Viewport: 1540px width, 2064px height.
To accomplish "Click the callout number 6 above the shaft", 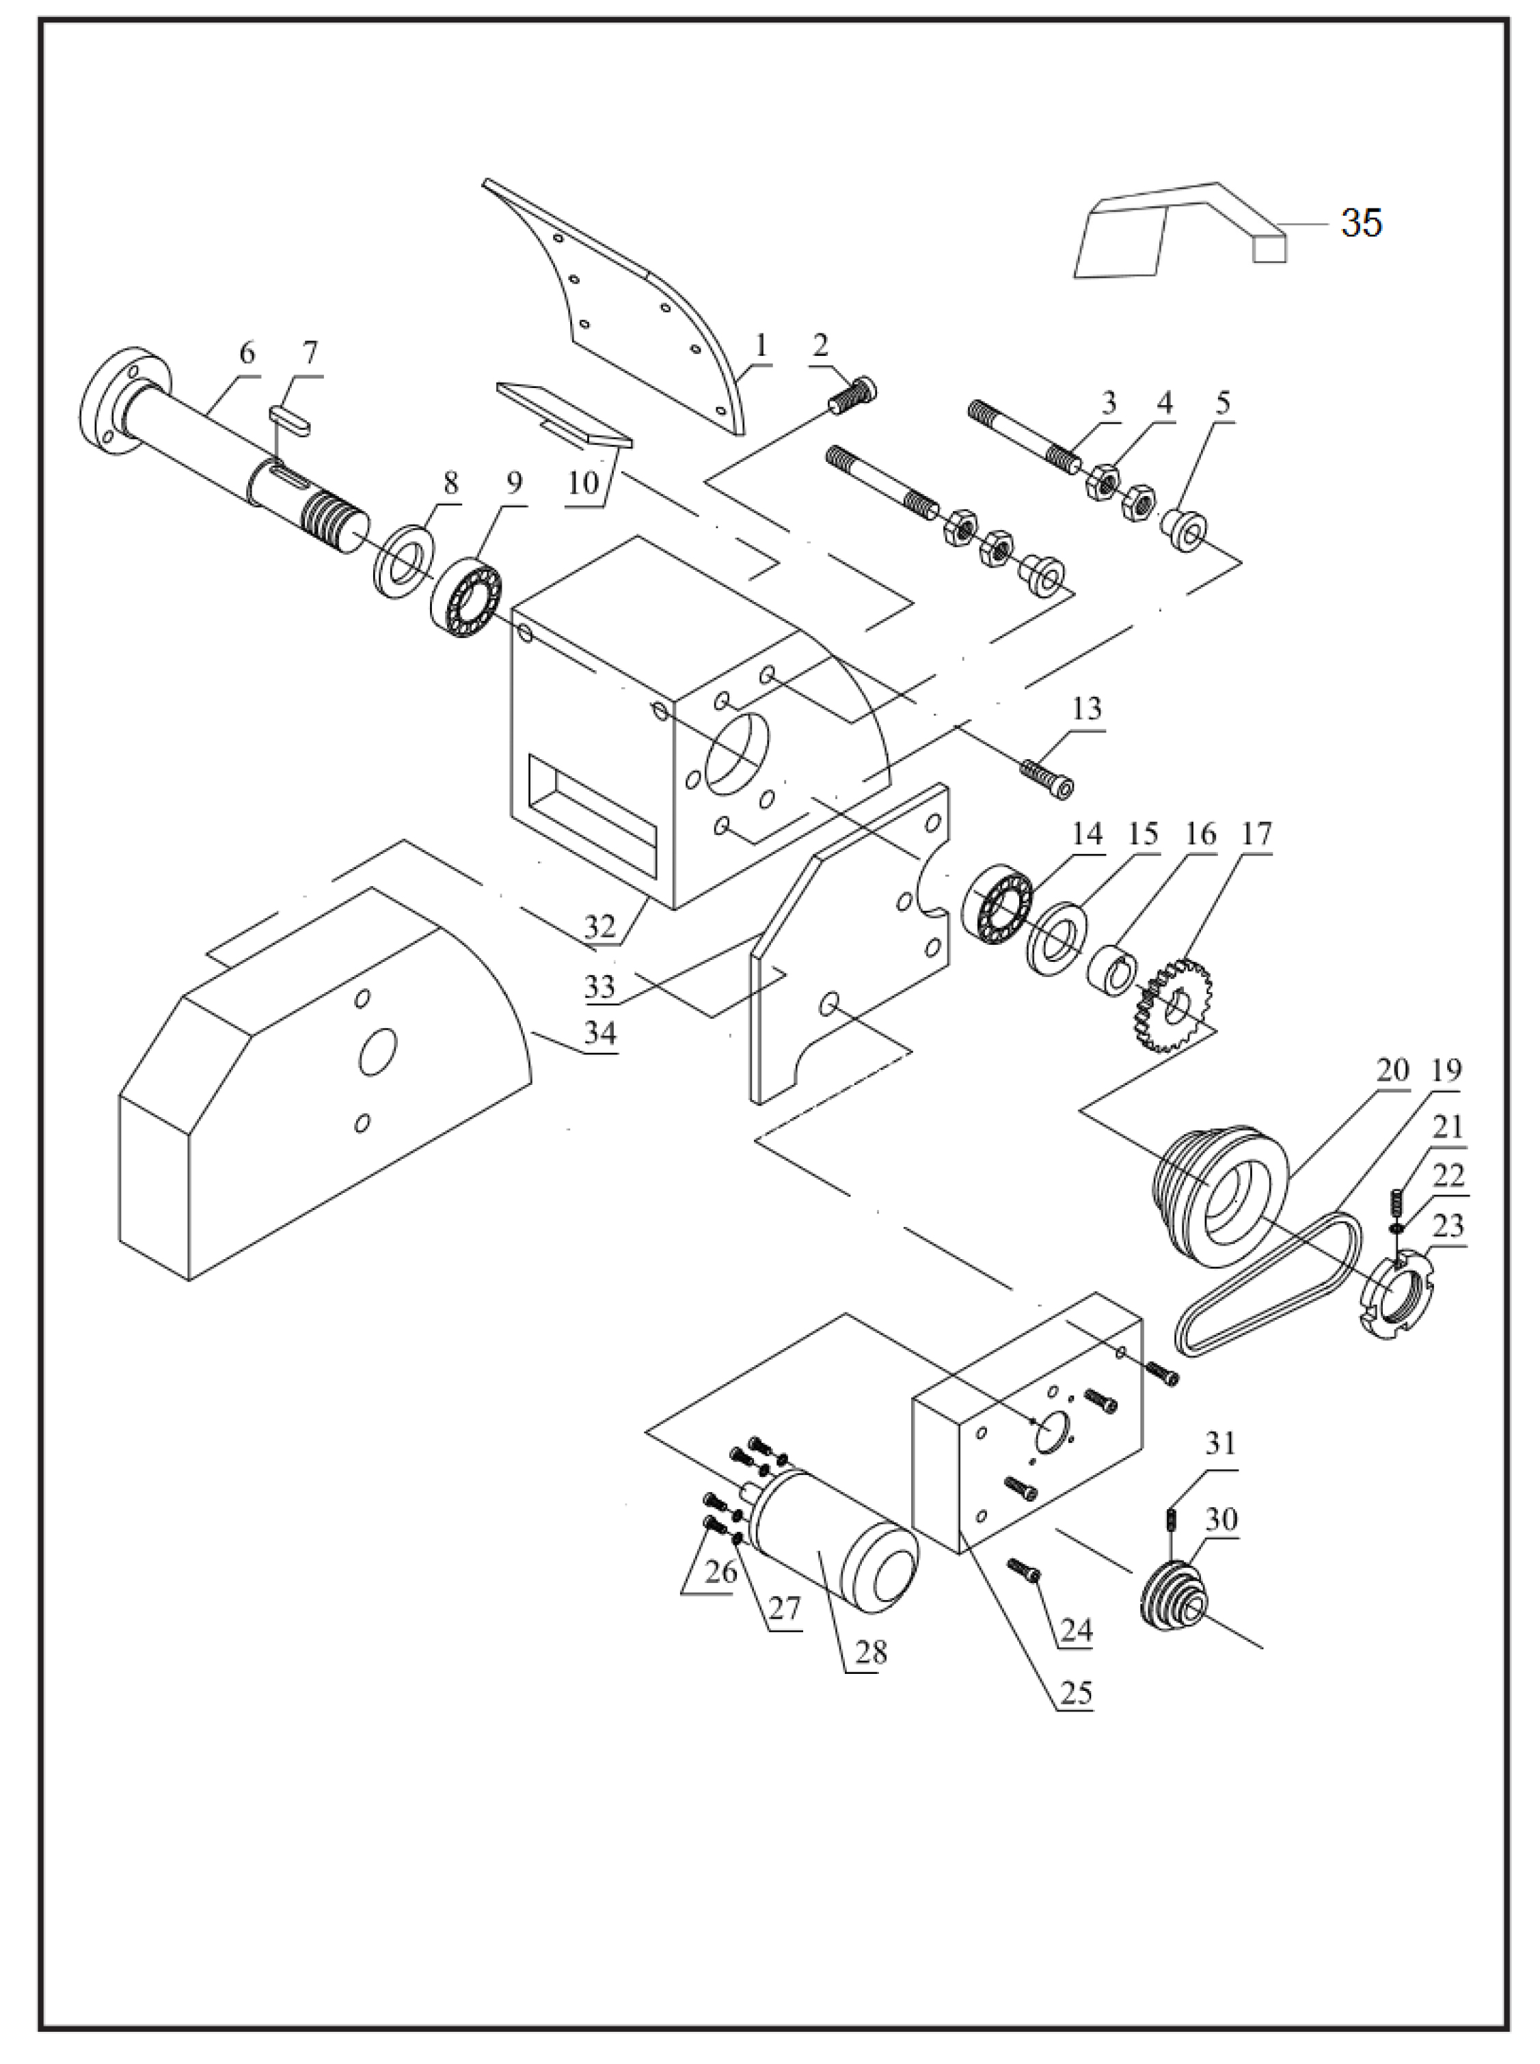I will [246, 353].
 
